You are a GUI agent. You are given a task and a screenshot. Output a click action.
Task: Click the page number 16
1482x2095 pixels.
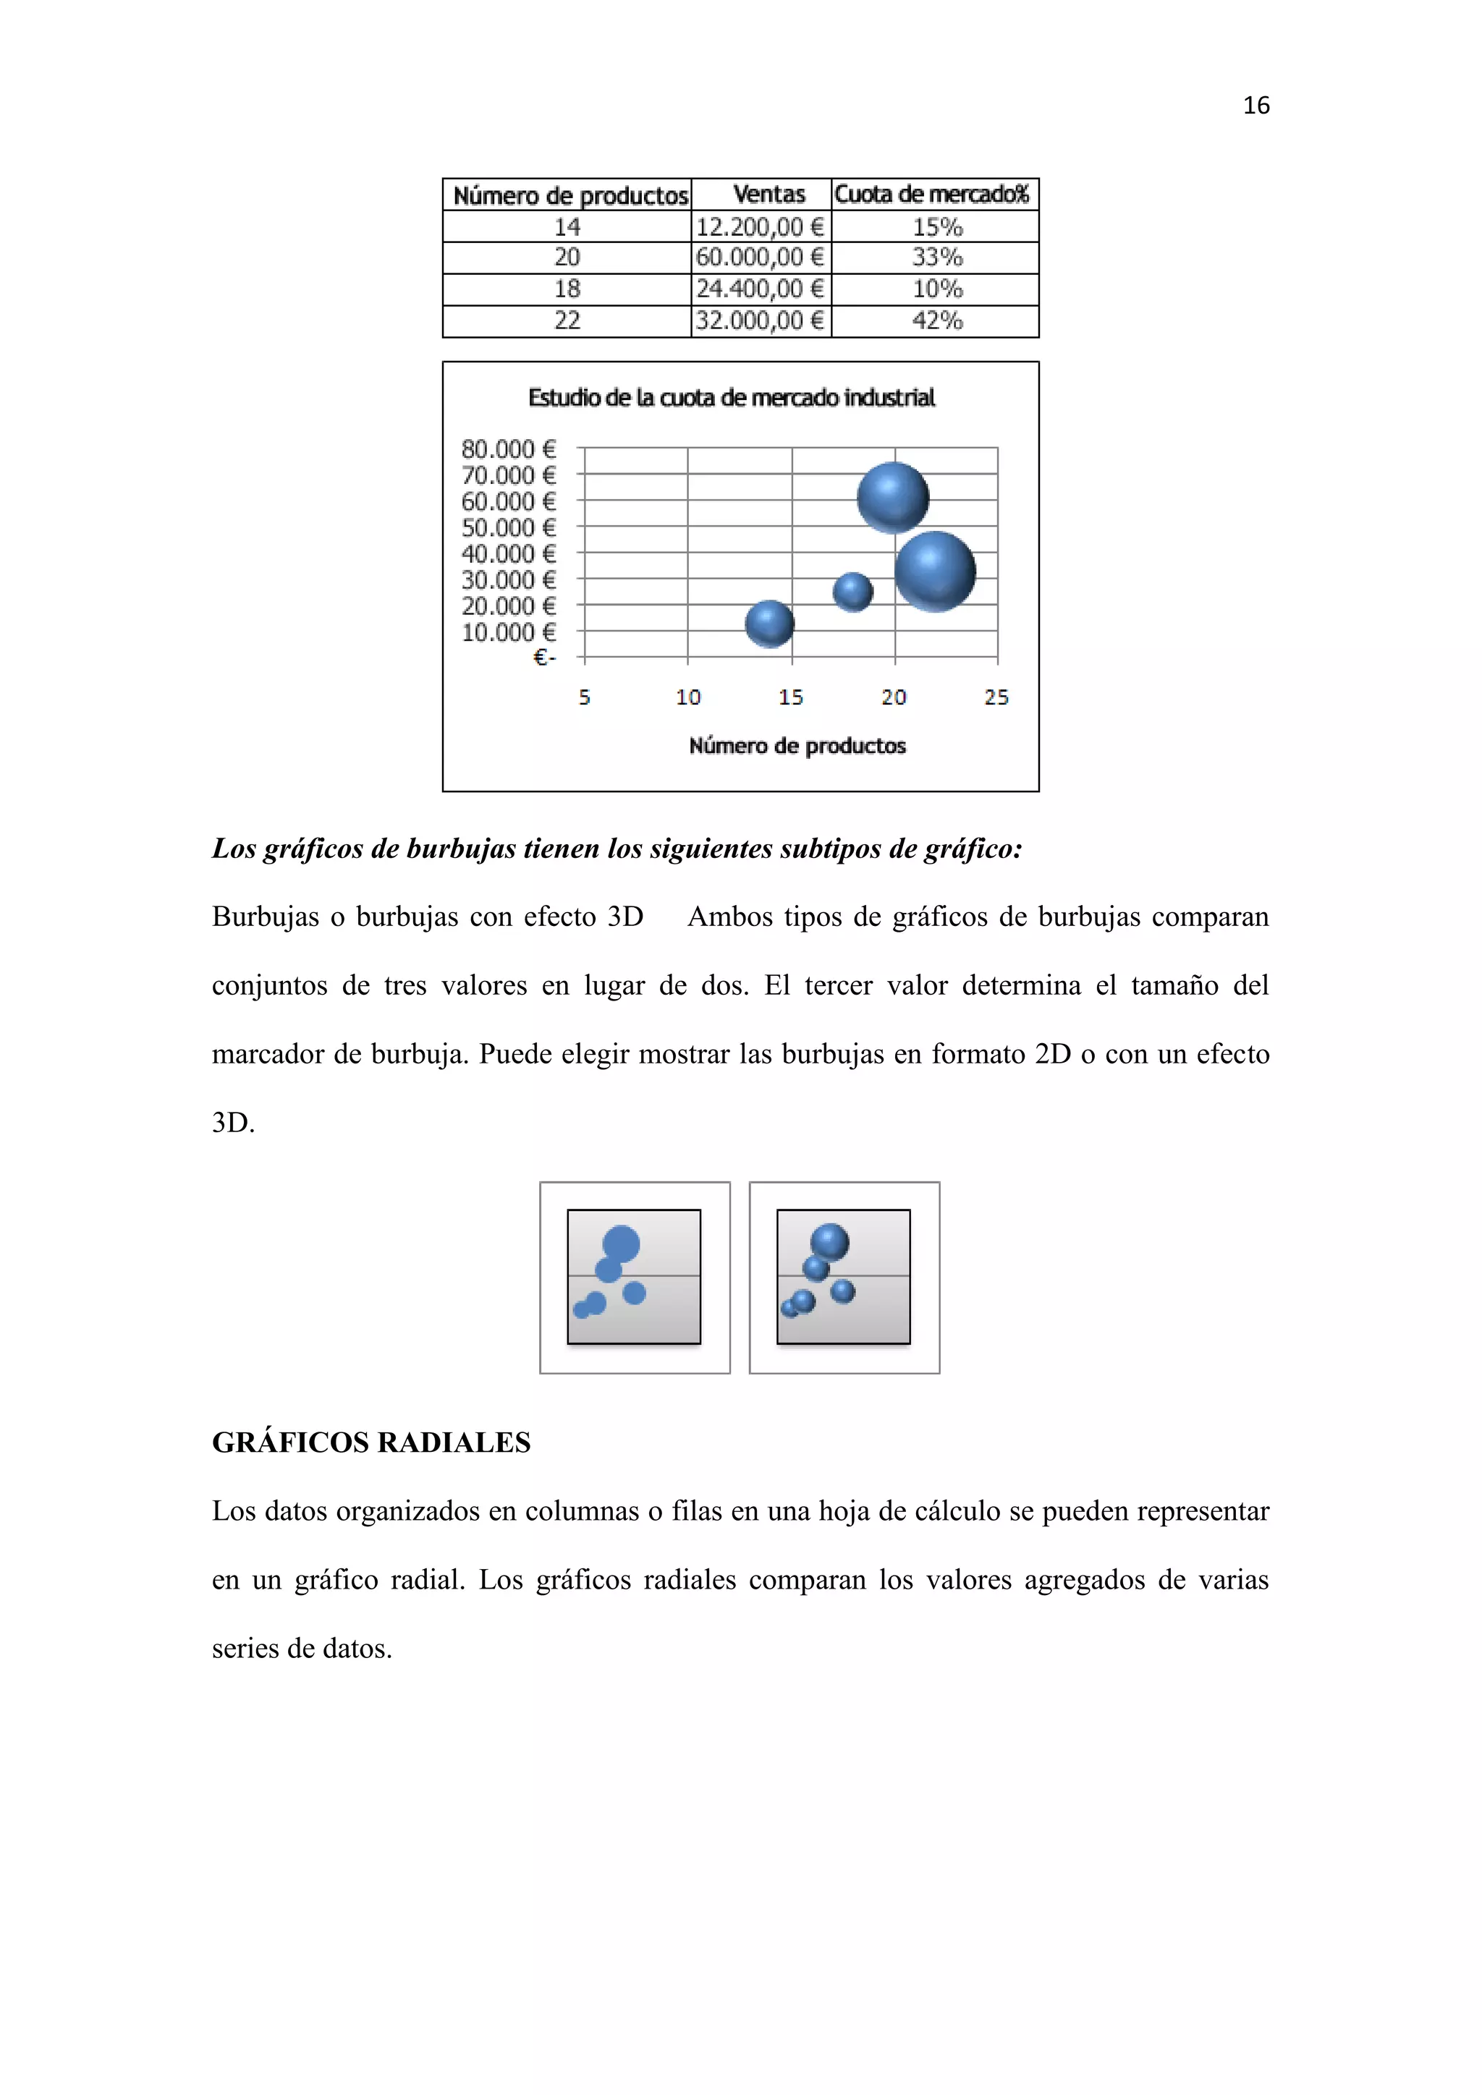[1256, 106]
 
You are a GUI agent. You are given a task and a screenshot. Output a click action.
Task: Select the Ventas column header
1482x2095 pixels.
[768, 195]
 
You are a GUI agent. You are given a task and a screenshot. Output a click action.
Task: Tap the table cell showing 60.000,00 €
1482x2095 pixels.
[760, 258]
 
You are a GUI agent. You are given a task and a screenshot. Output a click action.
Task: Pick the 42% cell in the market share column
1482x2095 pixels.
[936, 320]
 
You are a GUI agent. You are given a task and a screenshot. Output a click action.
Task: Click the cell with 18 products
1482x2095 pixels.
[567, 289]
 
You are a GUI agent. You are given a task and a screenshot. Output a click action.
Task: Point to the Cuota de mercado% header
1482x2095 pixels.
[932, 195]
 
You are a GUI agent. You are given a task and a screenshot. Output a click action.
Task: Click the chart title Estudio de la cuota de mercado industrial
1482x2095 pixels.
[731, 398]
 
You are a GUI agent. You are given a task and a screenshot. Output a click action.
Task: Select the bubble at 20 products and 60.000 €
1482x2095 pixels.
[892, 498]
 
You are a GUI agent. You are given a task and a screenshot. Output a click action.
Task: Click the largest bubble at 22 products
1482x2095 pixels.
[934, 571]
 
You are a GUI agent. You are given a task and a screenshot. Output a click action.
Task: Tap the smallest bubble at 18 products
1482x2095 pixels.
[852, 591]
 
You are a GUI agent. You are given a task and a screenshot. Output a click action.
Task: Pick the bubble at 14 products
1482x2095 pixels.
[769, 624]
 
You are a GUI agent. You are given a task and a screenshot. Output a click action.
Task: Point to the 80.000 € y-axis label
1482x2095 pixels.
[508, 449]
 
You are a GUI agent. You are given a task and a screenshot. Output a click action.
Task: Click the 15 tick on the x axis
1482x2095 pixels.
[790, 697]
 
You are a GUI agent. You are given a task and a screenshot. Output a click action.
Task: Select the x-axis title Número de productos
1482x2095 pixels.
[797, 746]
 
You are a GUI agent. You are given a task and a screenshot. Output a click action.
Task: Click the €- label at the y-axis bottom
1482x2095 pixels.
[544, 658]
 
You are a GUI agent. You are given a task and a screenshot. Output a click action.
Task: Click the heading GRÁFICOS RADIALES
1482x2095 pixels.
[371, 1442]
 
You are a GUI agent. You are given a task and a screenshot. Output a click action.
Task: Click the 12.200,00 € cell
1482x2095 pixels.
[760, 226]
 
